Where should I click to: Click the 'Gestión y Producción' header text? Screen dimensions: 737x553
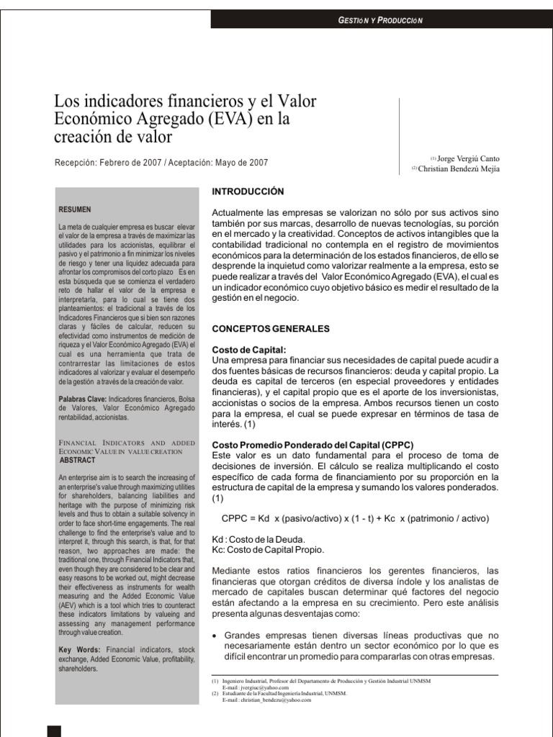pos(381,20)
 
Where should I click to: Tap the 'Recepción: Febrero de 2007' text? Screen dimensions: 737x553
pos(108,163)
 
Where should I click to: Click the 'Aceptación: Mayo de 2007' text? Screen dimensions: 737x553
pos(218,163)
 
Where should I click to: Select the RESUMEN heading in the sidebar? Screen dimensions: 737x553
pos(75,209)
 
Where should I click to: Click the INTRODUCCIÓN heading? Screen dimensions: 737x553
pos(248,191)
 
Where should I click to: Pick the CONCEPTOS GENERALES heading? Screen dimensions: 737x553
pos(270,328)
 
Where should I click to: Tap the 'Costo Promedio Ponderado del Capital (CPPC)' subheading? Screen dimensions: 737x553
pos(313,445)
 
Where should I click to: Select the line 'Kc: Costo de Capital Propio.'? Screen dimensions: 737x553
pos(263,550)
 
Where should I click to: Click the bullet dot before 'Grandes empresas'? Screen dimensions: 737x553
pos(216,636)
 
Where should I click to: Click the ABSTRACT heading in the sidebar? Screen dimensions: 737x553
pos(76,458)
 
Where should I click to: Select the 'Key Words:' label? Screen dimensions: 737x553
pos(78,649)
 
